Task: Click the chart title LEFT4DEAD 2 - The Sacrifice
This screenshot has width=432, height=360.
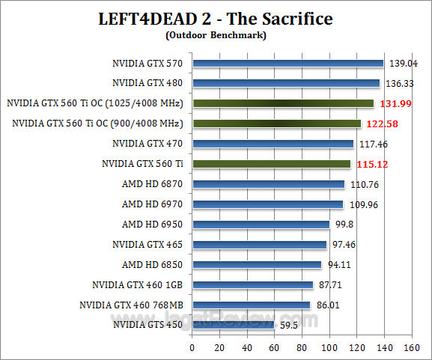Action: click(216, 17)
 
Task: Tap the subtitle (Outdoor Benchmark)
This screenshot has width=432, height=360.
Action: click(216, 34)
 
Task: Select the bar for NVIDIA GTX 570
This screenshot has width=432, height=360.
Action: click(288, 64)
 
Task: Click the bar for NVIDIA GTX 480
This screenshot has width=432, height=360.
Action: click(286, 83)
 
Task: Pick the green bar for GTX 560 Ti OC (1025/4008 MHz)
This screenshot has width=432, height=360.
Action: click(283, 103)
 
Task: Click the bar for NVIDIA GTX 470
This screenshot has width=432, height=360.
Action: click(273, 144)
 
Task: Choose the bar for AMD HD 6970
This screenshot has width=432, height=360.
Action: click(267, 204)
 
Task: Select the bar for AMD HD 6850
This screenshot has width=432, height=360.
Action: click(257, 264)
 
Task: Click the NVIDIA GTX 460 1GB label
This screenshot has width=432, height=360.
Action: click(139, 284)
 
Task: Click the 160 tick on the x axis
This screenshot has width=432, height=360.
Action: click(411, 349)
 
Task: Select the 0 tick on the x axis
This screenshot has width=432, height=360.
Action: click(192, 349)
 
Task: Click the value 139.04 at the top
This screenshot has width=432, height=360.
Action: click(401, 63)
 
